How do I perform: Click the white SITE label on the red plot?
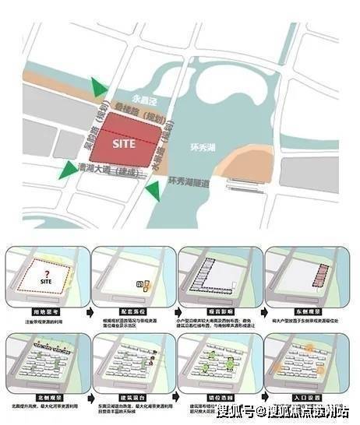coord(124,143)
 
